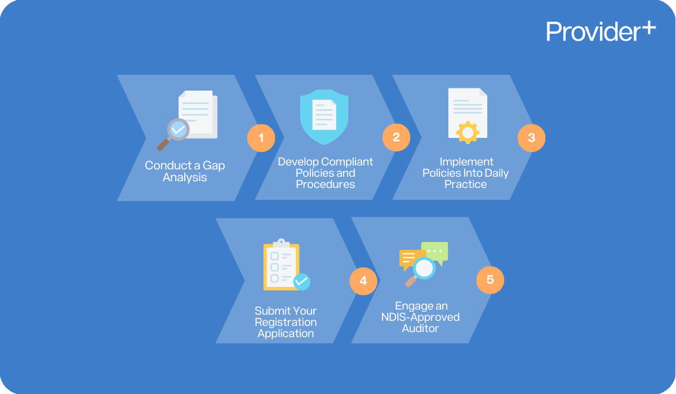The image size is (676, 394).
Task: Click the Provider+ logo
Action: [x=601, y=32]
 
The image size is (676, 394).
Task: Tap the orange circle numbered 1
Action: [x=261, y=137]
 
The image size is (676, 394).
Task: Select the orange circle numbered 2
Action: [x=396, y=137]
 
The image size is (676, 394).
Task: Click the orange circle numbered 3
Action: [x=531, y=137]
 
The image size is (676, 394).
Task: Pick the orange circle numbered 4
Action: [x=363, y=280]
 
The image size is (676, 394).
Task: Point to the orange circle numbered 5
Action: [x=490, y=280]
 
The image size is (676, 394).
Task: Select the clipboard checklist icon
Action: [x=281, y=267]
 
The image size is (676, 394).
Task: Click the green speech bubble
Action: [x=434, y=252]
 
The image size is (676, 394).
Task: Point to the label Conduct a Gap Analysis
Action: [x=185, y=172]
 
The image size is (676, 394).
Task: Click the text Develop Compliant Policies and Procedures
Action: [x=326, y=173]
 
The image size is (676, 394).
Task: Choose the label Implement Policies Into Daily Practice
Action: [x=466, y=173]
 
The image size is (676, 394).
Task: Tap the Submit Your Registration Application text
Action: [x=286, y=322]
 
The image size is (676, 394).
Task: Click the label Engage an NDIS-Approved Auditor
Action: [x=420, y=317]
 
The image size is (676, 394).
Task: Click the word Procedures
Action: [x=326, y=184]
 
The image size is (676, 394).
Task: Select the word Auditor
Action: [x=420, y=328]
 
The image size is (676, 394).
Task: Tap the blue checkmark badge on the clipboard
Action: [x=302, y=281]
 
